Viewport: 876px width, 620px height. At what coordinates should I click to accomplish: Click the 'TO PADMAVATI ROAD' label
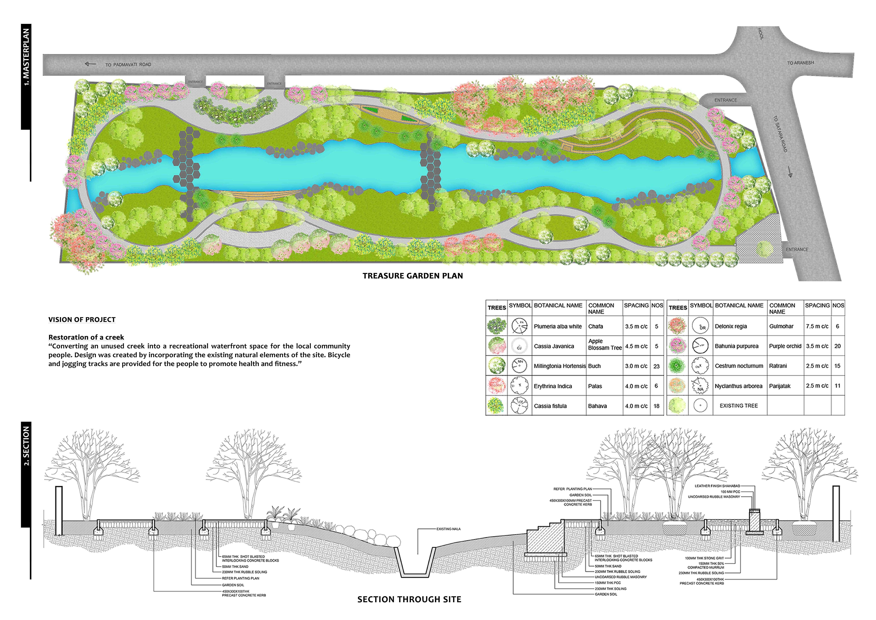[x=128, y=65]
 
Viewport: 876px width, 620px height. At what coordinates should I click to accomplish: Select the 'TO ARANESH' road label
[x=800, y=63]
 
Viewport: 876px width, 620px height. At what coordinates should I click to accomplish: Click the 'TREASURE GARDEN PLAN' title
[x=412, y=276]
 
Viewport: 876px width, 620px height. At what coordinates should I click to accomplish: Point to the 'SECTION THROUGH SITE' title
[x=409, y=599]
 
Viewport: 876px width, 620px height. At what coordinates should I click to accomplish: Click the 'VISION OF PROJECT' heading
[x=82, y=320]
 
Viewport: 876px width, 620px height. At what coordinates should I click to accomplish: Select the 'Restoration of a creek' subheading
[x=86, y=337]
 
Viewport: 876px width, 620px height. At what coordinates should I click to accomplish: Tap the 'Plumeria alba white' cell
[x=558, y=326]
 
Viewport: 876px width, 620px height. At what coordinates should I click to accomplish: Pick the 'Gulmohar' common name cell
[x=781, y=326]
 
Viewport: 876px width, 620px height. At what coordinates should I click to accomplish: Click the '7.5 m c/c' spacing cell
[x=817, y=326]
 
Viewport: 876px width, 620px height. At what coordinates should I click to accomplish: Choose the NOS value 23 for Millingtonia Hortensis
[x=656, y=366]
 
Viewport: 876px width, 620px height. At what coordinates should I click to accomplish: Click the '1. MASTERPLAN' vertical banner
[x=26, y=57]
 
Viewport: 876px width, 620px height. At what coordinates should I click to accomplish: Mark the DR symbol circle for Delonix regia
[x=700, y=326]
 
